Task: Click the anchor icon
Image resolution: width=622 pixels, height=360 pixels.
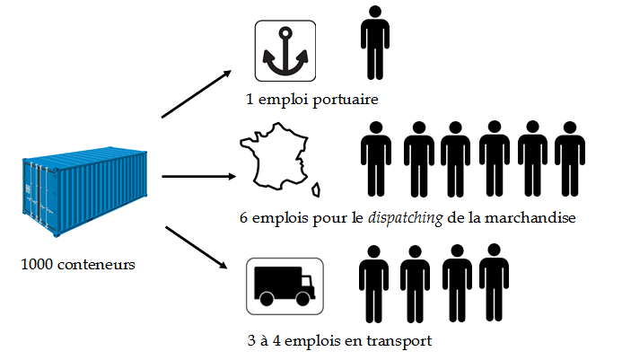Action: [285, 52]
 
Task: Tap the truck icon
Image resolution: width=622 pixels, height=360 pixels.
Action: [285, 285]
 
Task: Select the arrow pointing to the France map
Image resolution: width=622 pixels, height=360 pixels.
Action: [196, 177]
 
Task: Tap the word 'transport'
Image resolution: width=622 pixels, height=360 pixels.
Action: [399, 342]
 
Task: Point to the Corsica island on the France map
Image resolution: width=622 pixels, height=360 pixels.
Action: [318, 190]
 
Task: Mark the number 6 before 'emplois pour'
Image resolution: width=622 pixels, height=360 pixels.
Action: [244, 218]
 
